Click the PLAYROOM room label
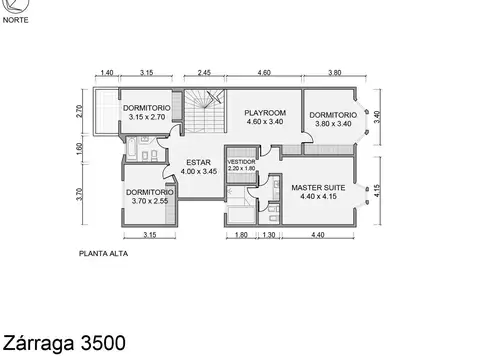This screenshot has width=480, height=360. [266, 114]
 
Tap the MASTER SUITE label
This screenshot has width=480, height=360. [317, 187]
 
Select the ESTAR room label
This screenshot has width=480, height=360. [198, 161]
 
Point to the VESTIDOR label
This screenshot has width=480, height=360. [242, 162]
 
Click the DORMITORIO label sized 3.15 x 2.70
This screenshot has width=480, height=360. [147, 107]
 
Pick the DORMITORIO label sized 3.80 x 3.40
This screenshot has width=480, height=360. [331, 115]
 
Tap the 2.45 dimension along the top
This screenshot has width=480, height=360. [203, 73]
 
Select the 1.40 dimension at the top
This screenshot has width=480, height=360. [107, 73]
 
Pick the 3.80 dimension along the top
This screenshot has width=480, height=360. [335, 73]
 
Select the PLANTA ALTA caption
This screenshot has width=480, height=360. [104, 254]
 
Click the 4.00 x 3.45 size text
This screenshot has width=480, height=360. [198, 171]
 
